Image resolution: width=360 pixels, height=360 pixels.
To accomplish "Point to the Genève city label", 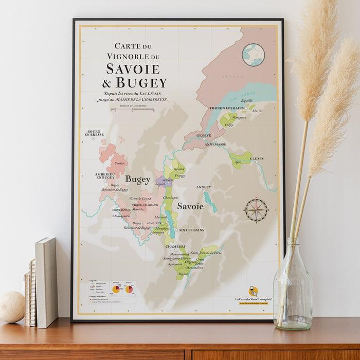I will (x=204, y=135).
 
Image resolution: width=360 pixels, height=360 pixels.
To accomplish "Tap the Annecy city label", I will (x=204, y=187).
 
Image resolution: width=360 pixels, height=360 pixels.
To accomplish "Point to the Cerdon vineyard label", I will (x=119, y=163).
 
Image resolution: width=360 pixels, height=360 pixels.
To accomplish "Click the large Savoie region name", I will (x=190, y=206).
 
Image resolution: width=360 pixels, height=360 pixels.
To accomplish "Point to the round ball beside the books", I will (x=11, y=307).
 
